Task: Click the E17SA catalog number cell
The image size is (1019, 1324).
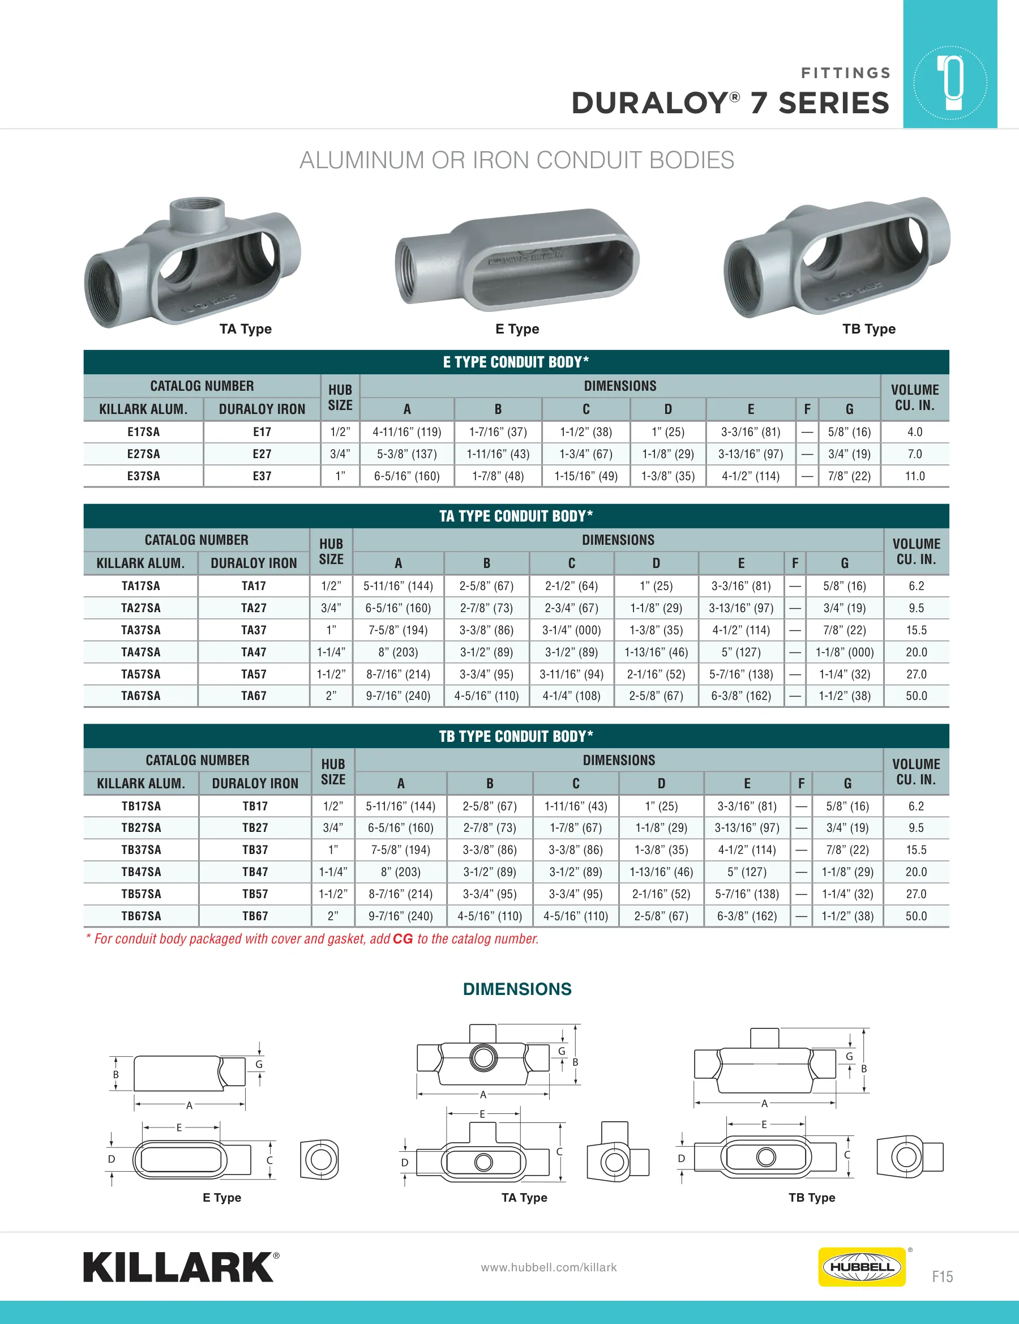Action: pyautogui.click(x=144, y=432)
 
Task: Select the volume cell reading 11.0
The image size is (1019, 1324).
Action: pyautogui.click(x=915, y=476)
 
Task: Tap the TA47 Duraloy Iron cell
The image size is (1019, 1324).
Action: pyautogui.click(x=254, y=652)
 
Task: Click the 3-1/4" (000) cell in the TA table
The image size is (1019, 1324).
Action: pyautogui.click(x=572, y=630)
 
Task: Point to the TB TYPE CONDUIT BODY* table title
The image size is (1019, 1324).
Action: pyautogui.click(x=516, y=736)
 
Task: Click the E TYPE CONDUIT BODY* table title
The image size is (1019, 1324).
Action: pyautogui.click(x=516, y=362)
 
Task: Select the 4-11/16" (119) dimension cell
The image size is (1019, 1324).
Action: pyautogui.click(x=407, y=432)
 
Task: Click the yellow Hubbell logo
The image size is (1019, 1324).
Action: pyautogui.click(x=862, y=1266)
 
